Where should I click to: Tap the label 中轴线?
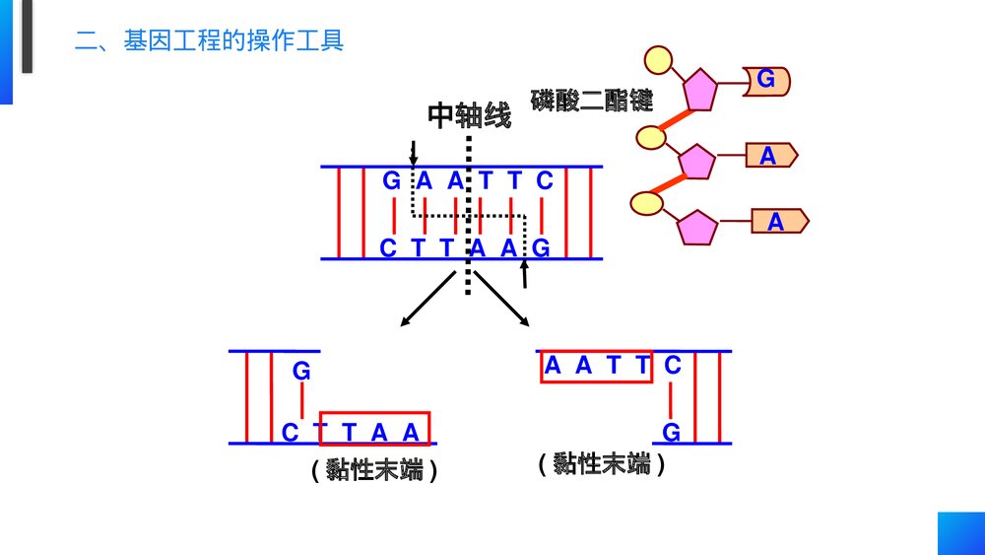(470, 116)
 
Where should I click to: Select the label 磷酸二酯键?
(592, 100)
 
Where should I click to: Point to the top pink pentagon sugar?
(701, 90)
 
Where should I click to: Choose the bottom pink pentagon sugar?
(698, 228)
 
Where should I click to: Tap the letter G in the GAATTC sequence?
(392, 181)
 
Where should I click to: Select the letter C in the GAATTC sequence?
(544, 181)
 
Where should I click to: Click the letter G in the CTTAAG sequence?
(540, 247)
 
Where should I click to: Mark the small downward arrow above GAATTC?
(414, 152)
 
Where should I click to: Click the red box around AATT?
(597, 367)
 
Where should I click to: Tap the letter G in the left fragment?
(301, 372)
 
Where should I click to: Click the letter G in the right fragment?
(671, 432)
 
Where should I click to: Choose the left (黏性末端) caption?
(373, 470)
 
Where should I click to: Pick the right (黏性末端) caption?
(602, 463)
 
